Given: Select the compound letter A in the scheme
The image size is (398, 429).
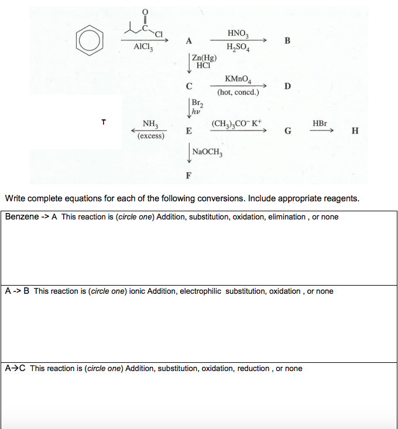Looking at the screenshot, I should click(188, 41).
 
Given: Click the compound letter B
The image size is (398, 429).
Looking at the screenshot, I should click(287, 41).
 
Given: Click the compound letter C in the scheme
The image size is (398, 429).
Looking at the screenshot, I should click(188, 87).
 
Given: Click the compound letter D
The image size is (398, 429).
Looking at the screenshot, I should click(287, 87).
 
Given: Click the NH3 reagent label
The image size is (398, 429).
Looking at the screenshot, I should click(150, 124).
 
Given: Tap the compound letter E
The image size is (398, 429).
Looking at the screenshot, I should click(188, 131).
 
